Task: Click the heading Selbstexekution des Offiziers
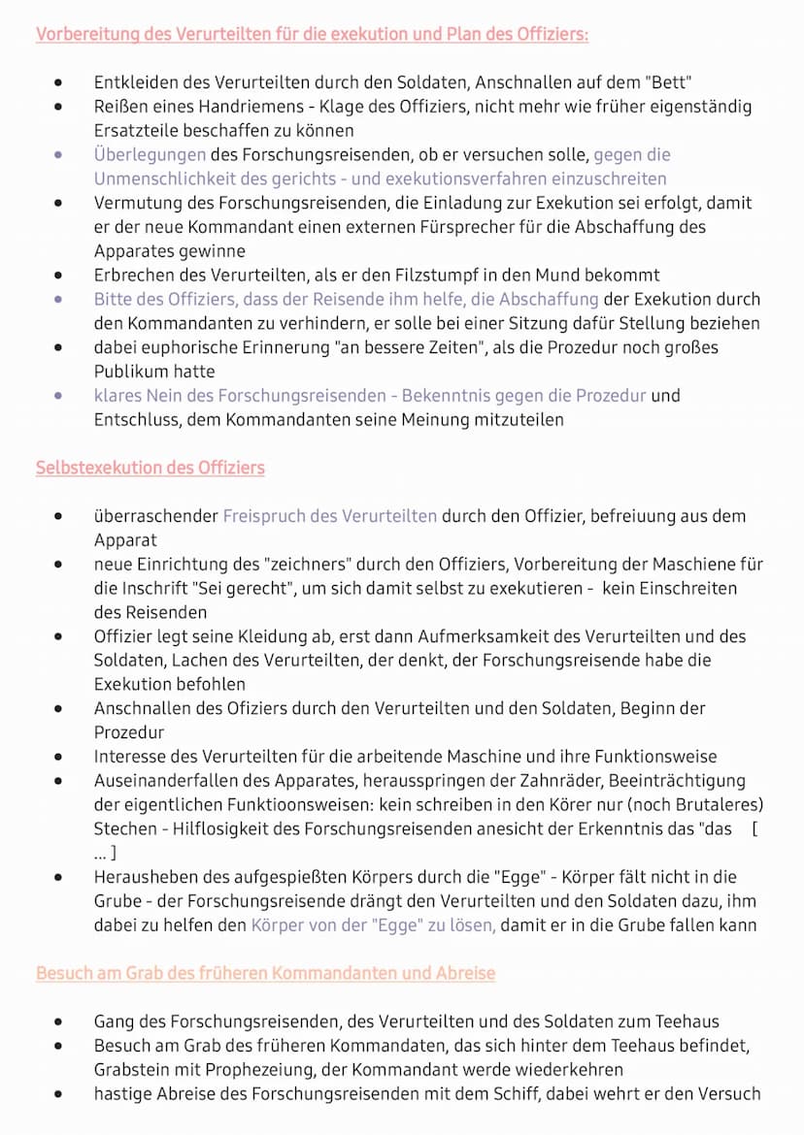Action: coord(151,468)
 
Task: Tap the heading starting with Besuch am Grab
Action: coord(265,973)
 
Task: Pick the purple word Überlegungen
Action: coord(150,154)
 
